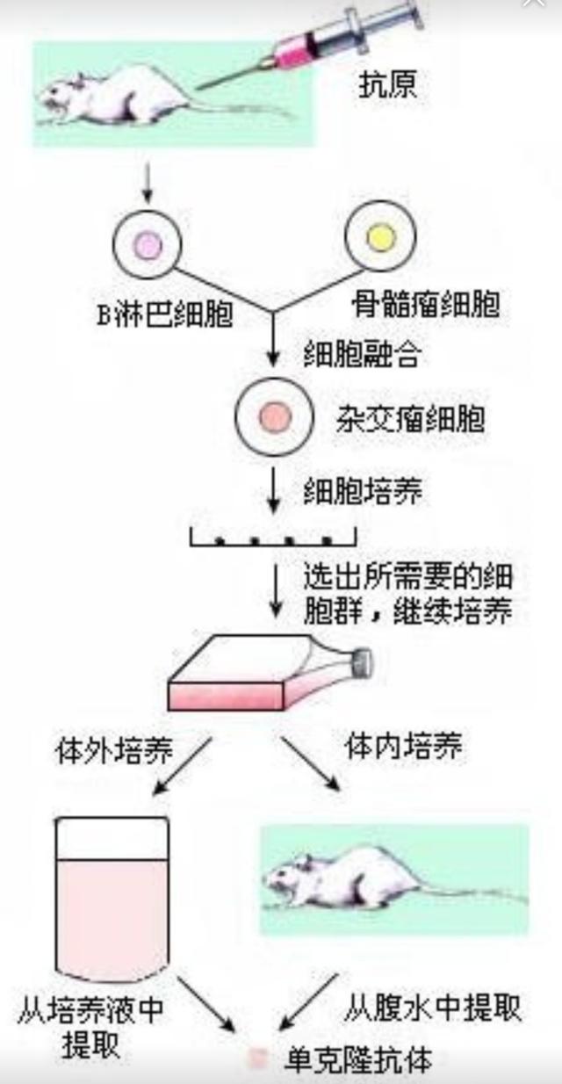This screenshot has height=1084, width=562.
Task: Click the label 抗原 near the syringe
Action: tap(387, 83)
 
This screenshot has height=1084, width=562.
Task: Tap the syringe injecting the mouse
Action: tap(309, 47)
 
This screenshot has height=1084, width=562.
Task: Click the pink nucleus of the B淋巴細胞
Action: tap(148, 245)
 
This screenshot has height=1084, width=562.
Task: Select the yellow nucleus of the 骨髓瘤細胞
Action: tap(380, 236)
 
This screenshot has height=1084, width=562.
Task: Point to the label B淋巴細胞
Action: tap(164, 314)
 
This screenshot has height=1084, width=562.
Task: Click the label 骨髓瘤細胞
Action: tap(426, 304)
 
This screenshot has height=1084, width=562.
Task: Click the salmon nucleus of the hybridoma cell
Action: tap(274, 417)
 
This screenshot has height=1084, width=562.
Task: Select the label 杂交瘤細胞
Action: tap(410, 418)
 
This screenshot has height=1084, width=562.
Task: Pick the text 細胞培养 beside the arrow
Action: tap(363, 492)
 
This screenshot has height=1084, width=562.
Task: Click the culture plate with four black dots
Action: tap(273, 538)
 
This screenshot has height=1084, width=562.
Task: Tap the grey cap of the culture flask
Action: tap(364, 662)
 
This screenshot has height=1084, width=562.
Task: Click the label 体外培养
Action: tap(114, 751)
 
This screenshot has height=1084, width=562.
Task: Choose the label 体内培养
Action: tap(403, 746)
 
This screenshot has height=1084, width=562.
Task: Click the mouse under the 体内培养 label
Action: tap(394, 878)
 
